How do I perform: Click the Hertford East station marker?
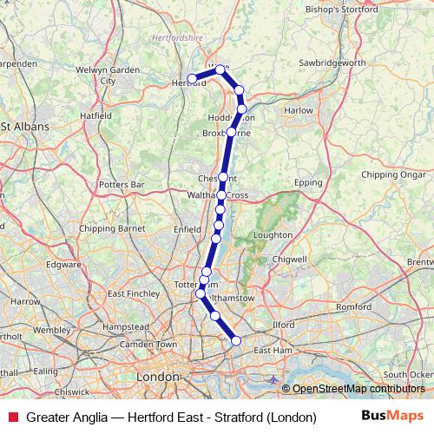(192, 79)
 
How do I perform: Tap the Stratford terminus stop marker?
(236, 341)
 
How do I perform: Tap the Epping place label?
(308, 184)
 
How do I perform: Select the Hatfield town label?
(96, 114)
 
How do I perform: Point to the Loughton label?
(273, 234)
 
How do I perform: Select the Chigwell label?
(290, 259)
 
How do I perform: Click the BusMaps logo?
(392, 417)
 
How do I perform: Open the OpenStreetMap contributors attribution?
(358, 389)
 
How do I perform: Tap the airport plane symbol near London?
(275, 379)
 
